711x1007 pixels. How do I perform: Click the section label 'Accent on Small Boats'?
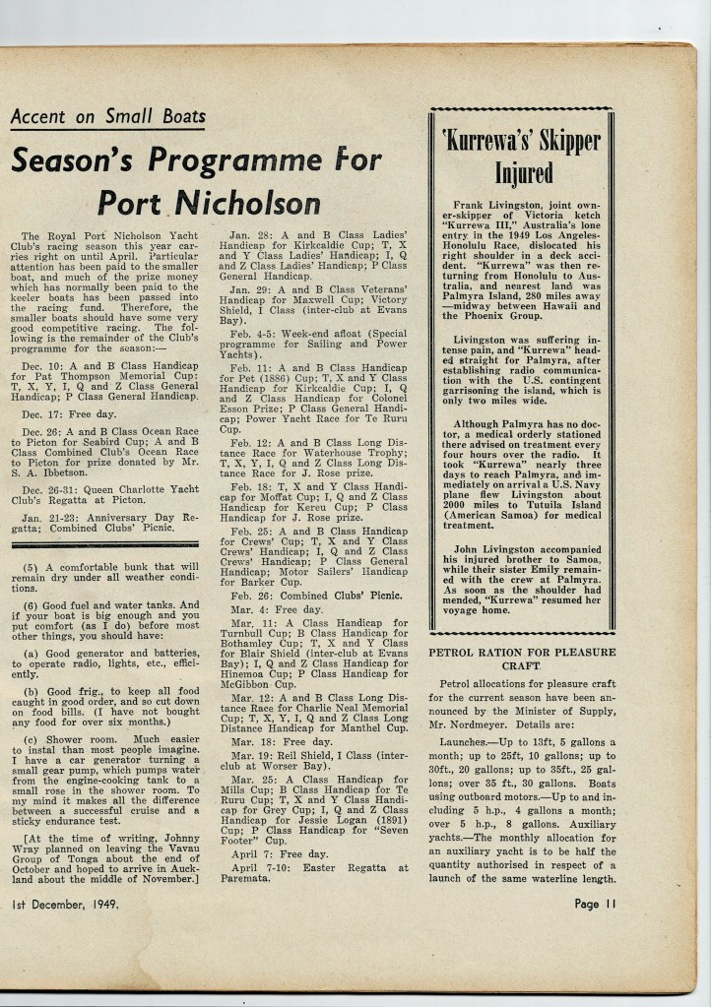tap(108, 117)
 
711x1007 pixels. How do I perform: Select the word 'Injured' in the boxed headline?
tap(523, 173)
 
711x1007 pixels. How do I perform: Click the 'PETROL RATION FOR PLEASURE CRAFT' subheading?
tap(522, 659)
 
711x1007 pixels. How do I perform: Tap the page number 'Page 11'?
tap(600, 904)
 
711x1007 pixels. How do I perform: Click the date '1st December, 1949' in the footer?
tap(65, 904)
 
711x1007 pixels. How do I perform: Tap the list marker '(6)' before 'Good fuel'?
tap(31, 605)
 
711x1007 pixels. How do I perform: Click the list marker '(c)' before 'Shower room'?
tap(31, 738)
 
